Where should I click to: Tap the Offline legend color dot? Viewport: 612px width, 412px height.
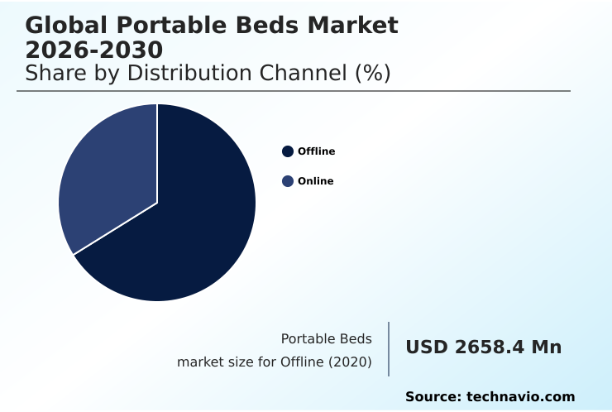(288, 151)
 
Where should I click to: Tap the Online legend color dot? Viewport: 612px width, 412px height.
(288, 181)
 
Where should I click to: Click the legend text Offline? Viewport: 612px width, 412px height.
(316, 151)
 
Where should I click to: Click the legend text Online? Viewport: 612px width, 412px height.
(315, 181)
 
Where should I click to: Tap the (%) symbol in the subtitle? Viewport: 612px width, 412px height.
(372, 73)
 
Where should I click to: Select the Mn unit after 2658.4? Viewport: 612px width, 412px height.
(547, 347)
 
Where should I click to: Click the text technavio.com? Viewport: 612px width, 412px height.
(520, 397)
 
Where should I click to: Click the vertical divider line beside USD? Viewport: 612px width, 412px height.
(389, 349)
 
